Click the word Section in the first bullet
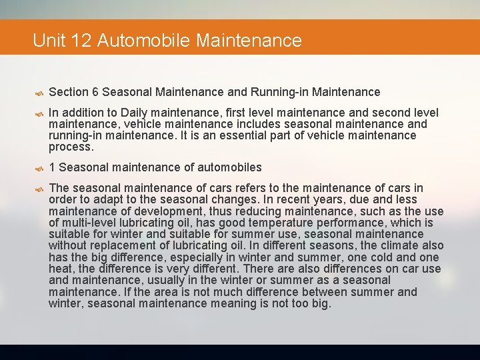pyautogui.click(x=69, y=92)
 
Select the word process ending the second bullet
pyautogui.click(x=70, y=147)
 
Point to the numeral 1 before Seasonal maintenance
pyautogui.click(x=53, y=167)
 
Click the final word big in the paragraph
pyautogui.click(x=320, y=304)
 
